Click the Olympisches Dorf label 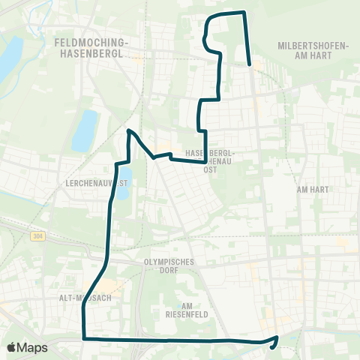(169, 267)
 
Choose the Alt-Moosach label (86, 298)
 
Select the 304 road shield (37, 236)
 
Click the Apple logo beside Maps (12, 347)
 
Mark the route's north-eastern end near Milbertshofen (249, 64)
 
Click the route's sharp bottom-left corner (82, 338)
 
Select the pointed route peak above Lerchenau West (129, 130)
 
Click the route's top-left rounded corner (209, 16)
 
